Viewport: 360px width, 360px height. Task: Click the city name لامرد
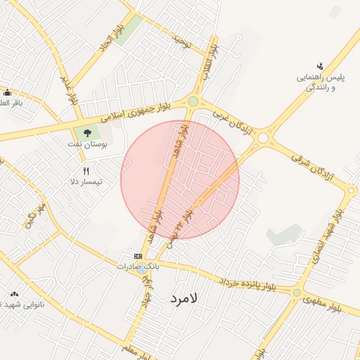tap(185, 298)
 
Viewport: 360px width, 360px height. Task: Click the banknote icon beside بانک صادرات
tap(138, 256)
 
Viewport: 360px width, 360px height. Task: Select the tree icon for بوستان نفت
tap(87, 132)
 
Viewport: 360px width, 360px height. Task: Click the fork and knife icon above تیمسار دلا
tap(86, 170)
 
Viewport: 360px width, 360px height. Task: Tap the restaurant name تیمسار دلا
tap(86, 181)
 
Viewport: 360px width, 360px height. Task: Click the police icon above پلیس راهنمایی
tap(320, 66)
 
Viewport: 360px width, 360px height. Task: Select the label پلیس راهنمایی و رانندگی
tap(320, 82)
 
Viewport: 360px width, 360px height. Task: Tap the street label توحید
tap(183, 42)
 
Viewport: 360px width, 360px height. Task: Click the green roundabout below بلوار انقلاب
tap(193, 102)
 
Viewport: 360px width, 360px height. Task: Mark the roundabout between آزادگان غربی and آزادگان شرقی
tap(263, 139)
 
